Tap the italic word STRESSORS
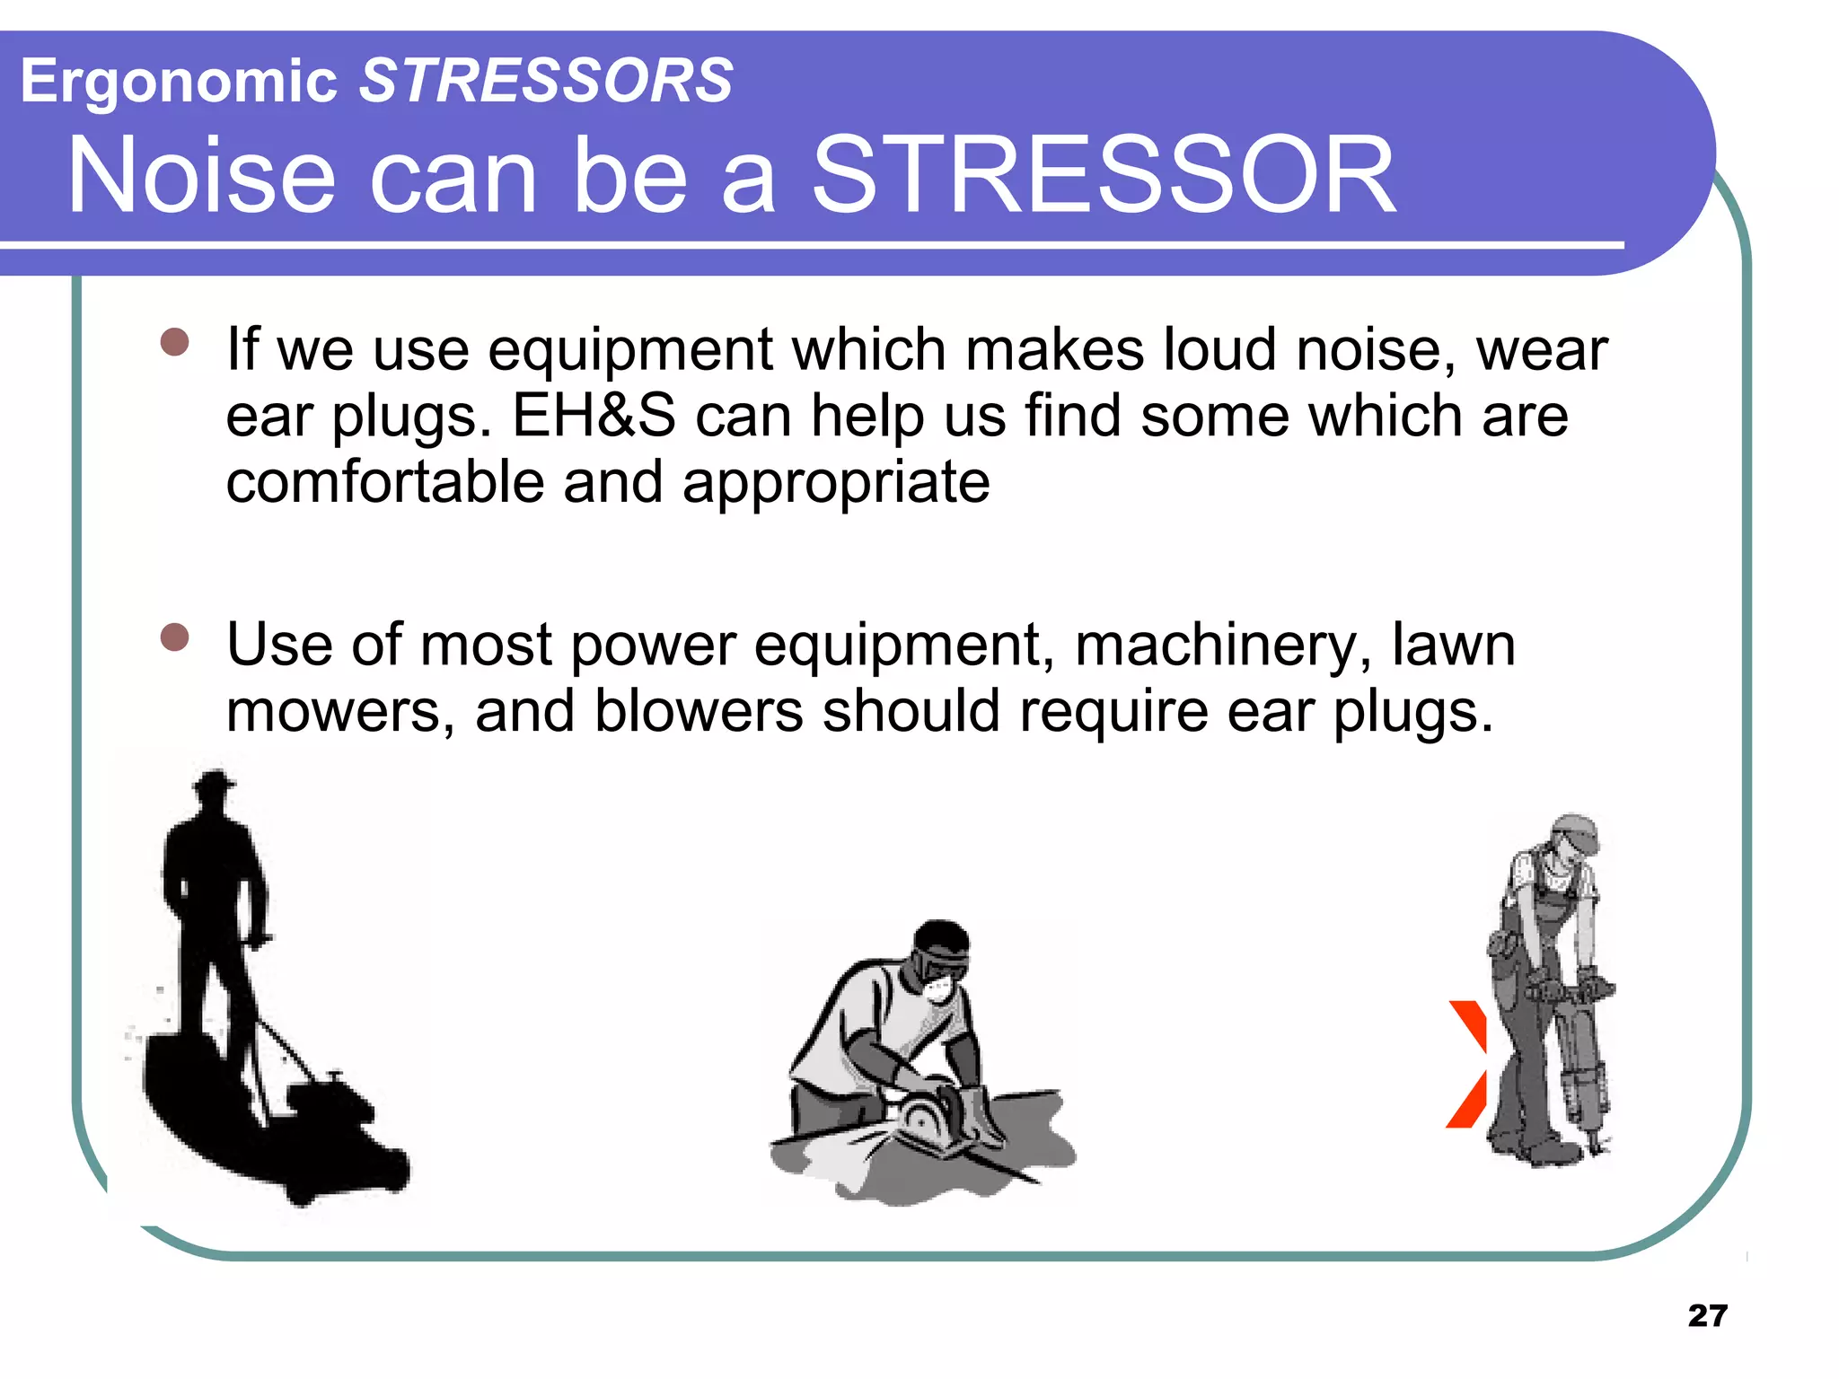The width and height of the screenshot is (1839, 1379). (546, 80)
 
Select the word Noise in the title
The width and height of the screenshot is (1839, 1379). (201, 175)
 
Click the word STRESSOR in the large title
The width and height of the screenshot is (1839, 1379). (1103, 175)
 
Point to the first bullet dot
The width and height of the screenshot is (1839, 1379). (175, 342)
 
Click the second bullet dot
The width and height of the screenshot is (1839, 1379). (175, 637)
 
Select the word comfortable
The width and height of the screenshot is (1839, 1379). (384, 482)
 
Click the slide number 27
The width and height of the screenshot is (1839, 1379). (1707, 1315)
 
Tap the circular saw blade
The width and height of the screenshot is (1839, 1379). (925, 1118)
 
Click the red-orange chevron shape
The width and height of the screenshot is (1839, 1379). (1467, 1064)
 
